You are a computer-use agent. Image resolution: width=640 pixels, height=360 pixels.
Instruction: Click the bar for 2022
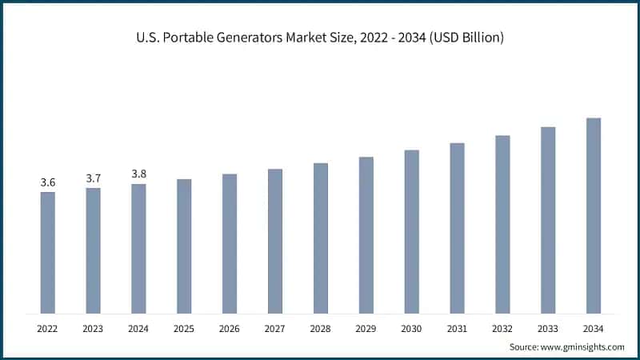pyautogui.click(x=48, y=253)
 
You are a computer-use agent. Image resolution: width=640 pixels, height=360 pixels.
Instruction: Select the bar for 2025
pyautogui.click(x=184, y=246)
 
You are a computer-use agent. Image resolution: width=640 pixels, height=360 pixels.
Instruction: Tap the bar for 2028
pyautogui.click(x=320, y=238)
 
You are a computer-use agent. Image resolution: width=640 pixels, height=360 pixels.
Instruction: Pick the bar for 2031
pyautogui.click(x=457, y=228)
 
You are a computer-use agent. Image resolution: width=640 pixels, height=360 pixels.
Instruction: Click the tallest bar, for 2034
pyautogui.click(x=593, y=216)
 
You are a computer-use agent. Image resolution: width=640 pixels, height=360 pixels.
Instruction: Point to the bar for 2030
pyautogui.click(x=411, y=232)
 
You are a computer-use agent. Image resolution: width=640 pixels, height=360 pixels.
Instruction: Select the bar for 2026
pyautogui.click(x=230, y=244)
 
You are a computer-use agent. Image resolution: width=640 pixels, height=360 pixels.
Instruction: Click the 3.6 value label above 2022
pyautogui.click(x=48, y=183)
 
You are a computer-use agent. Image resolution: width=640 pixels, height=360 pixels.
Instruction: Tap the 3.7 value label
pyautogui.click(x=94, y=178)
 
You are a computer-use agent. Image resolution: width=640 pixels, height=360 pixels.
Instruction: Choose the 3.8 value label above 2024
pyautogui.click(x=138, y=174)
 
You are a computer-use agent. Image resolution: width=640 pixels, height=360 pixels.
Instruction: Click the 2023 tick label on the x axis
pyautogui.click(x=94, y=328)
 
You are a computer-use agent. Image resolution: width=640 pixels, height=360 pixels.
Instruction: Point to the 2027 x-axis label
pyautogui.click(x=275, y=328)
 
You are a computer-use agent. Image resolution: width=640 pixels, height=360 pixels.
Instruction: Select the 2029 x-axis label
pyautogui.click(x=366, y=328)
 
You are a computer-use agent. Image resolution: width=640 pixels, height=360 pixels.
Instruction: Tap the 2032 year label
pyautogui.click(x=502, y=328)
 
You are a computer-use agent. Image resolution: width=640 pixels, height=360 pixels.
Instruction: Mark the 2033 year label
pyautogui.click(x=547, y=328)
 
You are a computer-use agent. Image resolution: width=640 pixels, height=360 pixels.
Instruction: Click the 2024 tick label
pyautogui.click(x=138, y=328)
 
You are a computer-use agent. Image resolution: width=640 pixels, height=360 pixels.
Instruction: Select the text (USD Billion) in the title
pyautogui.click(x=465, y=38)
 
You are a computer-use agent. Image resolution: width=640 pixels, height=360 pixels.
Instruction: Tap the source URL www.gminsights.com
pyautogui.click(x=585, y=346)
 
